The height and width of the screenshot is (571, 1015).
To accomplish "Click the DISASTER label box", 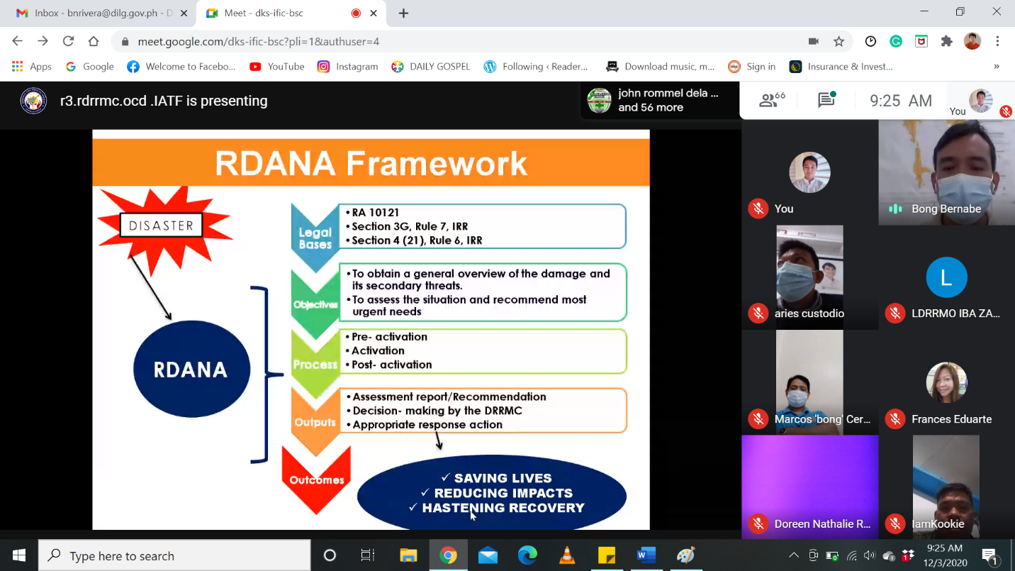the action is pyautogui.click(x=161, y=226).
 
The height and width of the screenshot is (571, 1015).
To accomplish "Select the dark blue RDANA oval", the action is pyautogui.click(x=191, y=369).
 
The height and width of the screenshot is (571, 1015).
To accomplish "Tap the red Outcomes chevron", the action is pyautogui.click(x=316, y=479).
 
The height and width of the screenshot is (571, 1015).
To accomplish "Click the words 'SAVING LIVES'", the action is pyautogui.click(x=503, y=478).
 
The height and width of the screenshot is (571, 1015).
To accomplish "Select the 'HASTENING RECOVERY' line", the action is pyautogui.click(x=503, y=508).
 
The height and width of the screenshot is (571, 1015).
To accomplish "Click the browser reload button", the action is pyautogui.click(x=68, y=41).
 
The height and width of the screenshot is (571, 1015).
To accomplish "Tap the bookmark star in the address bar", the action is pyautogui.click(x=839, y=41).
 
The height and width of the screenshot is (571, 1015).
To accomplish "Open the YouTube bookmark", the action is pyautogui.click(x=277, y=67).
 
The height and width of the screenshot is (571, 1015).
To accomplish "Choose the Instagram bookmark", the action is pyautogui.click(x=347, y=67).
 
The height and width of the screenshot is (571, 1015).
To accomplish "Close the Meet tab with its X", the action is pyautogui.click(x=374, y=13).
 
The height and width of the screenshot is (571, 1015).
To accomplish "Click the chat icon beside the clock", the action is pyautogui.click(x=826, y=100).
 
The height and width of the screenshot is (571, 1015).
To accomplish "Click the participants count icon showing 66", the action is pyautogui.click(x=772, y=100).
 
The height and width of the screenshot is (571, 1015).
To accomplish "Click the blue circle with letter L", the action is pyautogui.click(x=946, y=277).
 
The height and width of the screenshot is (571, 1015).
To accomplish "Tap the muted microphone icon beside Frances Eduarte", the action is pyautogui.click(x=895, y=418).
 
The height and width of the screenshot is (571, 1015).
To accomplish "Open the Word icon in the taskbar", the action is pyautogui.click(x=646, y=555).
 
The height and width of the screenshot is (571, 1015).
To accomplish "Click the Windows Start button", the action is pyautogui.click(x=19, y=555).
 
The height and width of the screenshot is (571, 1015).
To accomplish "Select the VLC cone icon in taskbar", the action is pyautogui.click(x=567, y=555).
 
